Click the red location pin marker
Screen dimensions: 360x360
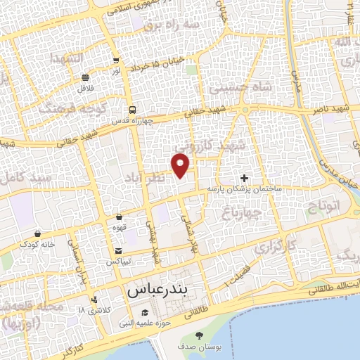(181, 164)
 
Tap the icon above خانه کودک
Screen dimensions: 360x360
(37, 233)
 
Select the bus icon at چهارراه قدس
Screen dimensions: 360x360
(132, 110)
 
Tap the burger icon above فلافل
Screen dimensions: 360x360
(85, 77)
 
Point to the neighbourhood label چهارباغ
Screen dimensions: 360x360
(243, 211)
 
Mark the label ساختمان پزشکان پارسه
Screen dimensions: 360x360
(244, 190)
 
